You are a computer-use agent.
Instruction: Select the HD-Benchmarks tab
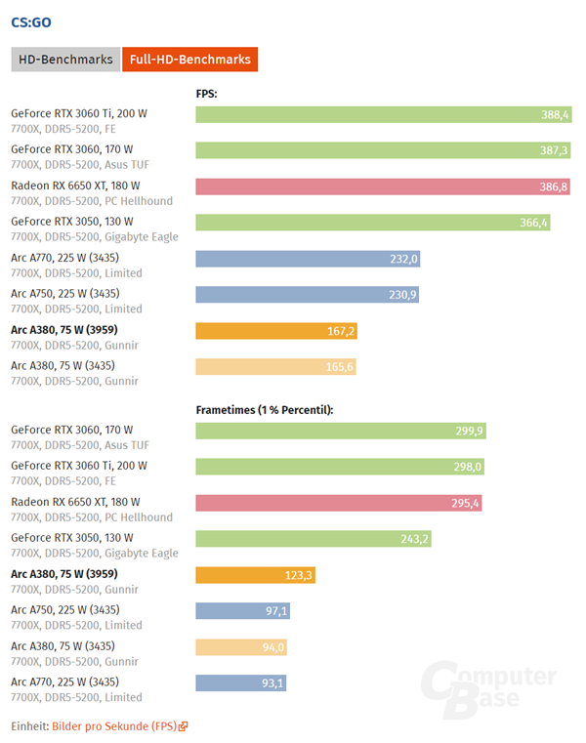pos(64,60)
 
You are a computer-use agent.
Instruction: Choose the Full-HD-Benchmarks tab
pos(189,60)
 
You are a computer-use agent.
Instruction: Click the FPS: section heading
pos(206,94)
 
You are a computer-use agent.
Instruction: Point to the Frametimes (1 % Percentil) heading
pos(265,410)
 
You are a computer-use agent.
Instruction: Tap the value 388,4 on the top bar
pos(555,114)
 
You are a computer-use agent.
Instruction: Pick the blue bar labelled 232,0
pos(308,259)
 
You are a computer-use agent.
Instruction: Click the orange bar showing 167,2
pos(275,331)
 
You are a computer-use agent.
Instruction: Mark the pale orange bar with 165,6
pos(274,367)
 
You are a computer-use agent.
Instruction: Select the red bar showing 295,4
pos(338,503)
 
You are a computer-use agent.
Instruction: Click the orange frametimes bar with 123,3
pos(254,575)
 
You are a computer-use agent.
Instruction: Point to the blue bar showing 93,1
pos(240,683)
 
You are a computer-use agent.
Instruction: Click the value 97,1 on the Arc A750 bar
pos(273,611)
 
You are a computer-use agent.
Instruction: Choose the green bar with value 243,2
pos(313,539)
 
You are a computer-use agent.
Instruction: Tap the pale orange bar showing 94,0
pos(241,647)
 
